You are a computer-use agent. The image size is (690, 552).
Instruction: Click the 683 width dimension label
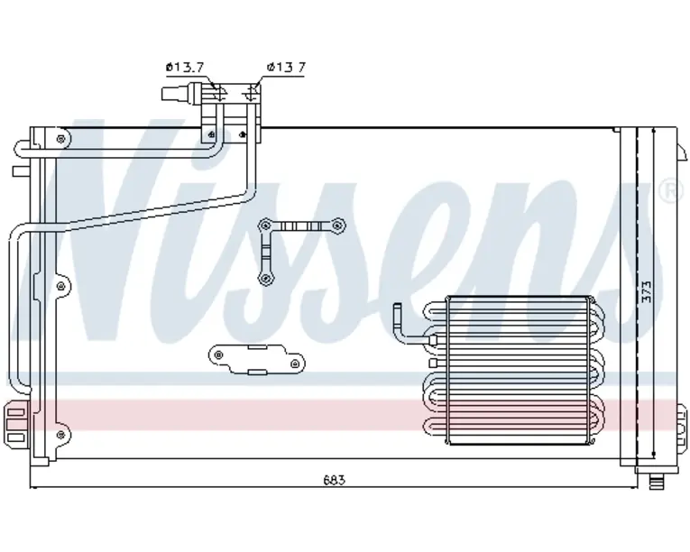(335, 479)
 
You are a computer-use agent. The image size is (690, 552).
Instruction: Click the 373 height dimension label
(646, 291)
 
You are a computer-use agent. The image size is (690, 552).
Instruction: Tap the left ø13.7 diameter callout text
(185, 68)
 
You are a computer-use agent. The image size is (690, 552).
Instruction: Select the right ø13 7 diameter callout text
(286, 68)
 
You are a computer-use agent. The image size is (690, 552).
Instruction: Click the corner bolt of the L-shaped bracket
(265, 225)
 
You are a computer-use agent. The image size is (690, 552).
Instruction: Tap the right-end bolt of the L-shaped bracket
(337, 225)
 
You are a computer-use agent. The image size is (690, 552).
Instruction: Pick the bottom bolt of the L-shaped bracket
(265, 278)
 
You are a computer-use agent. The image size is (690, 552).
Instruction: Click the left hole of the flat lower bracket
(218, 354)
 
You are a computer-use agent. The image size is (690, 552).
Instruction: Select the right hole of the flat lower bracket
(295, 363)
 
